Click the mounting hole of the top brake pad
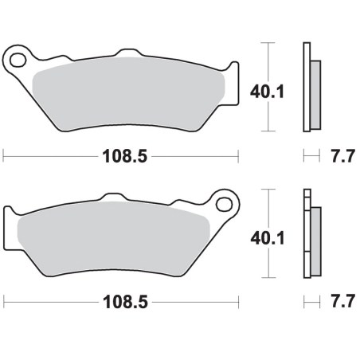coord(18,60)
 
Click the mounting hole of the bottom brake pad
coord(224,205)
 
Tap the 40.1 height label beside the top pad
coord(267,92)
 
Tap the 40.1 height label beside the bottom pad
coord(268,238)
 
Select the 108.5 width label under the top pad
coord(124,156)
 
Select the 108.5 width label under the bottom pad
coord(125,302)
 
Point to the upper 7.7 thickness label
coord(342,156)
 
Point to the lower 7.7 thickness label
coord(342,301)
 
